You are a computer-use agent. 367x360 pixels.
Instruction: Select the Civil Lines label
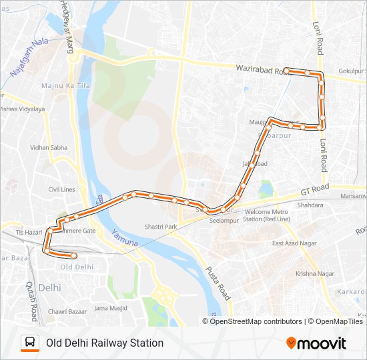click(x=62, y=189)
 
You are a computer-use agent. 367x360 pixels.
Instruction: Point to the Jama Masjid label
click(x=110, y=307)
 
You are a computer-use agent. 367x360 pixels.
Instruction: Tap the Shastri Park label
click(x=161, y=227)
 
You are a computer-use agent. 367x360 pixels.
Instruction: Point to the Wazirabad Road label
click(x=262, y=68)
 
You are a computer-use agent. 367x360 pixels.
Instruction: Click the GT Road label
click(x=312, y=190)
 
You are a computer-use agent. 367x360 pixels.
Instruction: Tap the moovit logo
click(x=316, y=343)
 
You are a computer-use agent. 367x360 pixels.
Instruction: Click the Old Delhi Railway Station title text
click(x=105, y=343)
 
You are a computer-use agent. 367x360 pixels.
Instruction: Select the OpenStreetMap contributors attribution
click(x=255, y=321)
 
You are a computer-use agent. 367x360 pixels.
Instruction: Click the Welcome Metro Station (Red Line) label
click(x=266, y=215)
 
